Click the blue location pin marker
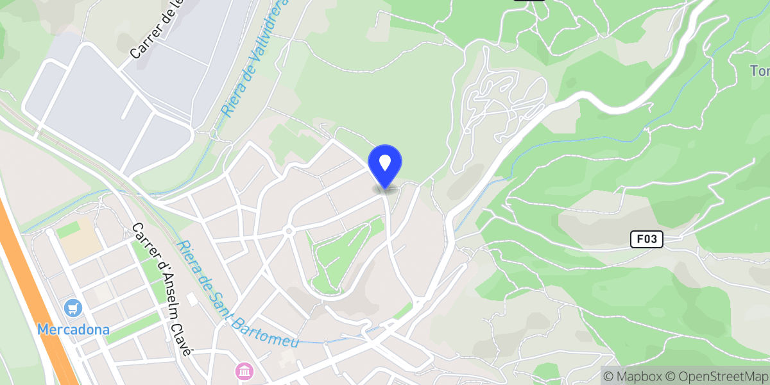pyautogui.click(x=385, y=164)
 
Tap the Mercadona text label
pyautogui.click(x=73, y=330)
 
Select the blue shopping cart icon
pyautogui.click(x=74, y=308)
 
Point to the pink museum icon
pyautogui.click(x=244, y=370)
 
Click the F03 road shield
pyautogui.click(x=646, y=239)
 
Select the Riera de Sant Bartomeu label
pyautogui.click(x=238, y=295)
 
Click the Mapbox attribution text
pyautogui.click(x=632, y=376)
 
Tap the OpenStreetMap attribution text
pyautogui.click(x=715, y=376)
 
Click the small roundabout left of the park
pyautogui.click(x=289, y=230)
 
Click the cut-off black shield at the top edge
pyautogui.click(x=529, y=2)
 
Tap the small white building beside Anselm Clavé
pyautogui.click(x=192, y=300)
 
